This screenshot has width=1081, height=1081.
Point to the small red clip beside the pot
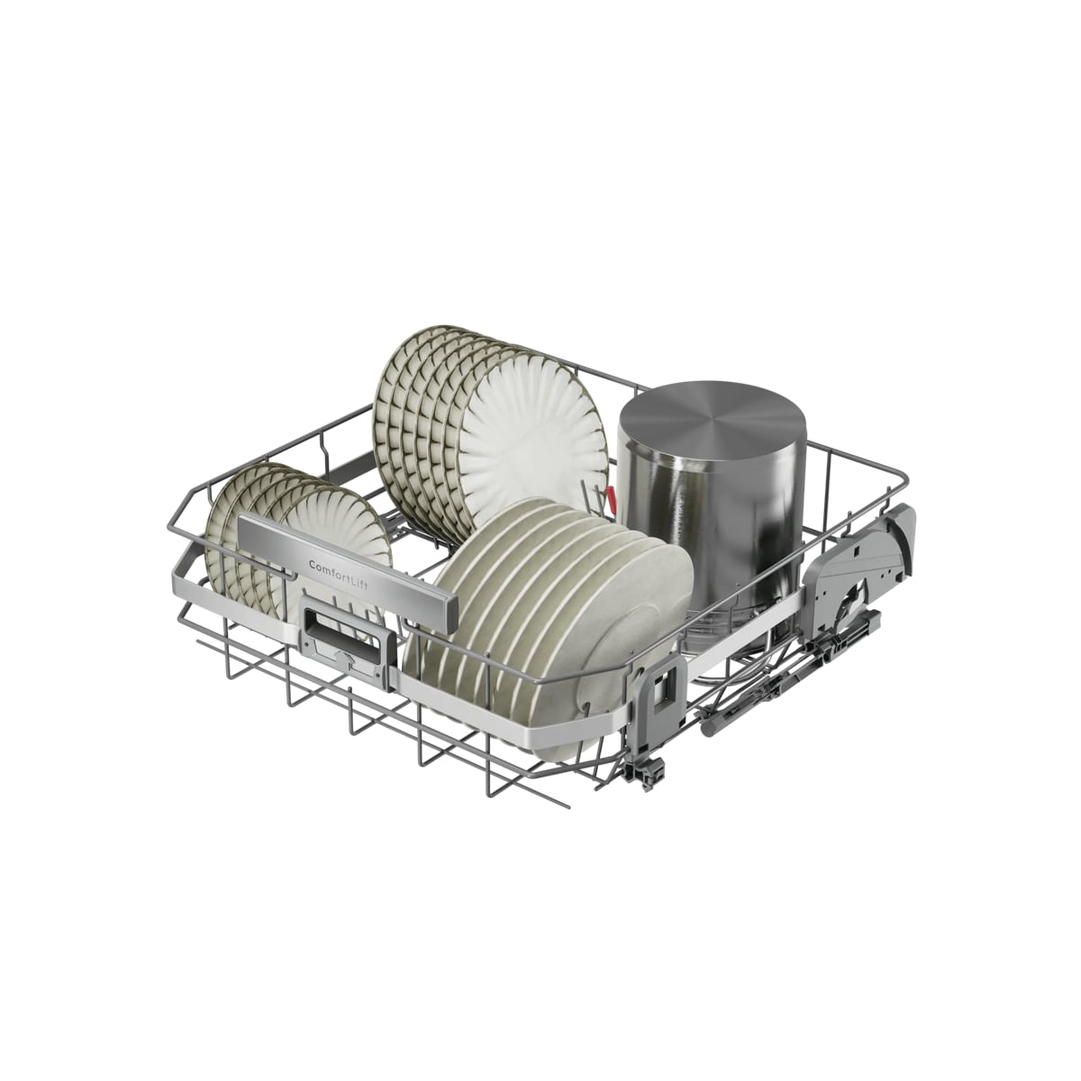[x=611, y=495]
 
